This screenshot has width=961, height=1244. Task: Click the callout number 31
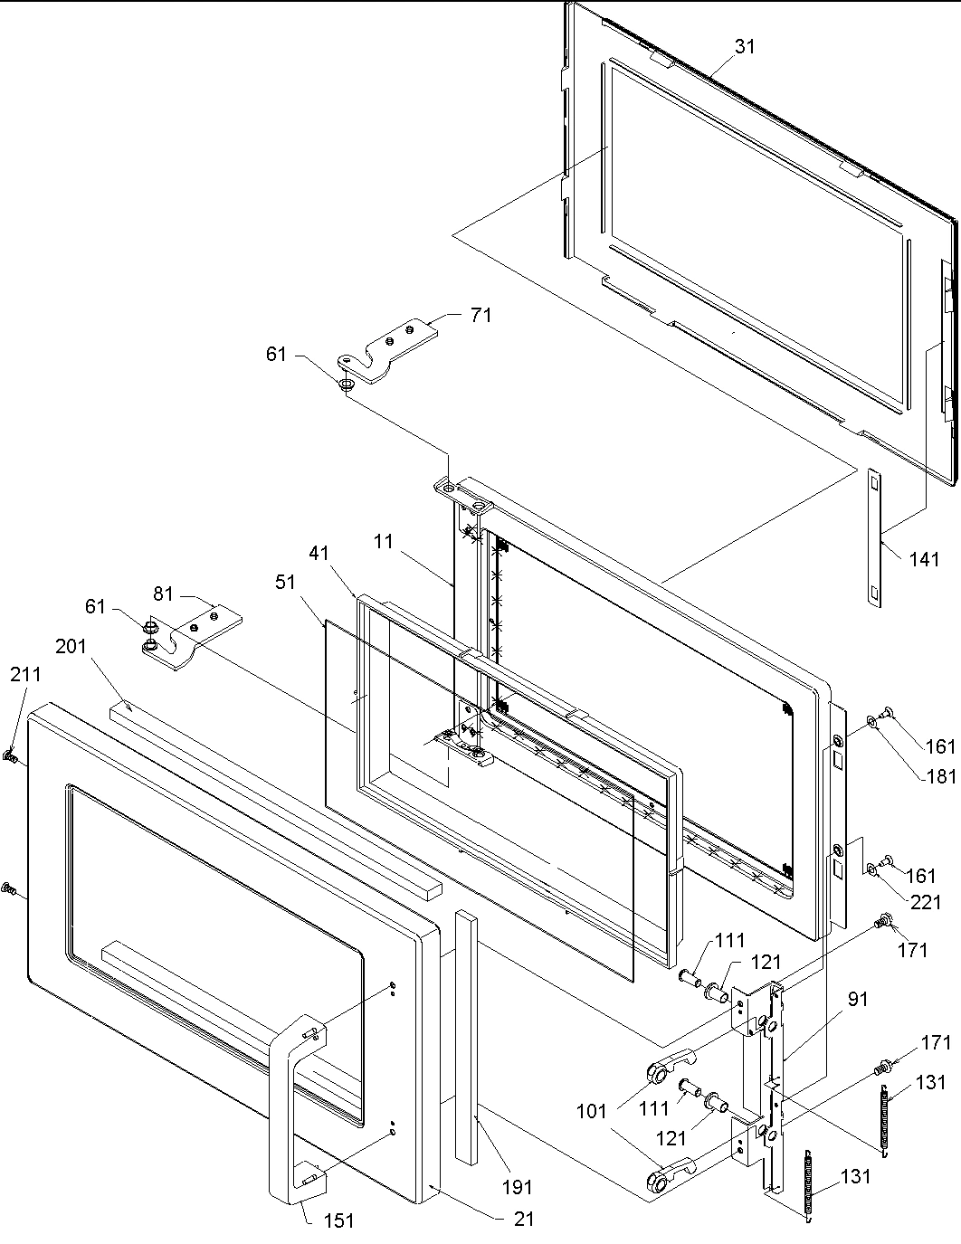pyautogui.click(x=744, y=46)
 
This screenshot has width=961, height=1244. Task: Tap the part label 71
pyautogui.click(x=480, y=315)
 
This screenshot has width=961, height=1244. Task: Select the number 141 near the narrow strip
pyautogui.click(x=924, y=559)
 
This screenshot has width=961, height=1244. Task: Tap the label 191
pyautogui.click(x=517, y=1187)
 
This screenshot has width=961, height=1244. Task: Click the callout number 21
pyautogui.click(x=523, y=1219)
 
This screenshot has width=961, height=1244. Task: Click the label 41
pyautogui.click(x=318, y=551)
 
